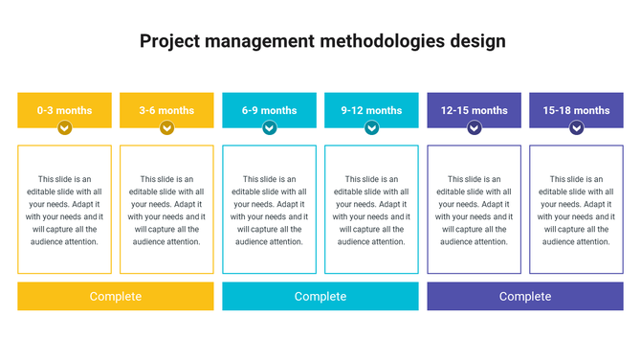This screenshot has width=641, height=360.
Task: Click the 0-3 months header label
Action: [x=64, y=110]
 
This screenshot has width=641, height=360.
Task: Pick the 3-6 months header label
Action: [x=166, y=110]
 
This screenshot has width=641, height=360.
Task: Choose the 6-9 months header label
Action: [x=269, y=110]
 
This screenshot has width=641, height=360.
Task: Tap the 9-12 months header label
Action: [x=371, y=110]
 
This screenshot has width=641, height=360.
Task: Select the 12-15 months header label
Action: [x=474, y=110]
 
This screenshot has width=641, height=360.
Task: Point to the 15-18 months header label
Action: [x=576, y=110]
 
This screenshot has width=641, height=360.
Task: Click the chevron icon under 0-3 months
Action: [x=64, y=127]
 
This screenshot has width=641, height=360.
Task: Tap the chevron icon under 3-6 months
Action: [x=166, y=127]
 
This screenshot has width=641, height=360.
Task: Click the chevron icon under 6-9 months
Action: [x=269, y=127]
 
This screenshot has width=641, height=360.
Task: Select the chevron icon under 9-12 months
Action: [x=371, y=127]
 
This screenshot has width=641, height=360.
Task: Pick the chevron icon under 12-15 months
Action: [x=474, y=127]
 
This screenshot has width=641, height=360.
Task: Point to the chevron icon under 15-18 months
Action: [x=576, y=127]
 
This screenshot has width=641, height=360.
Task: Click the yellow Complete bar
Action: [x=115, y=297]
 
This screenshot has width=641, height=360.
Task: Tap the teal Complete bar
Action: [x=320, y=297]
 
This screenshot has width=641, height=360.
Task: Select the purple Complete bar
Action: [x=525, y=297]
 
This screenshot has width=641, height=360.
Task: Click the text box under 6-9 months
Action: [x=269, y=210]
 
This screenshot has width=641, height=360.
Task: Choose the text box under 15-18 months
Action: [x=576, y=210]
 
